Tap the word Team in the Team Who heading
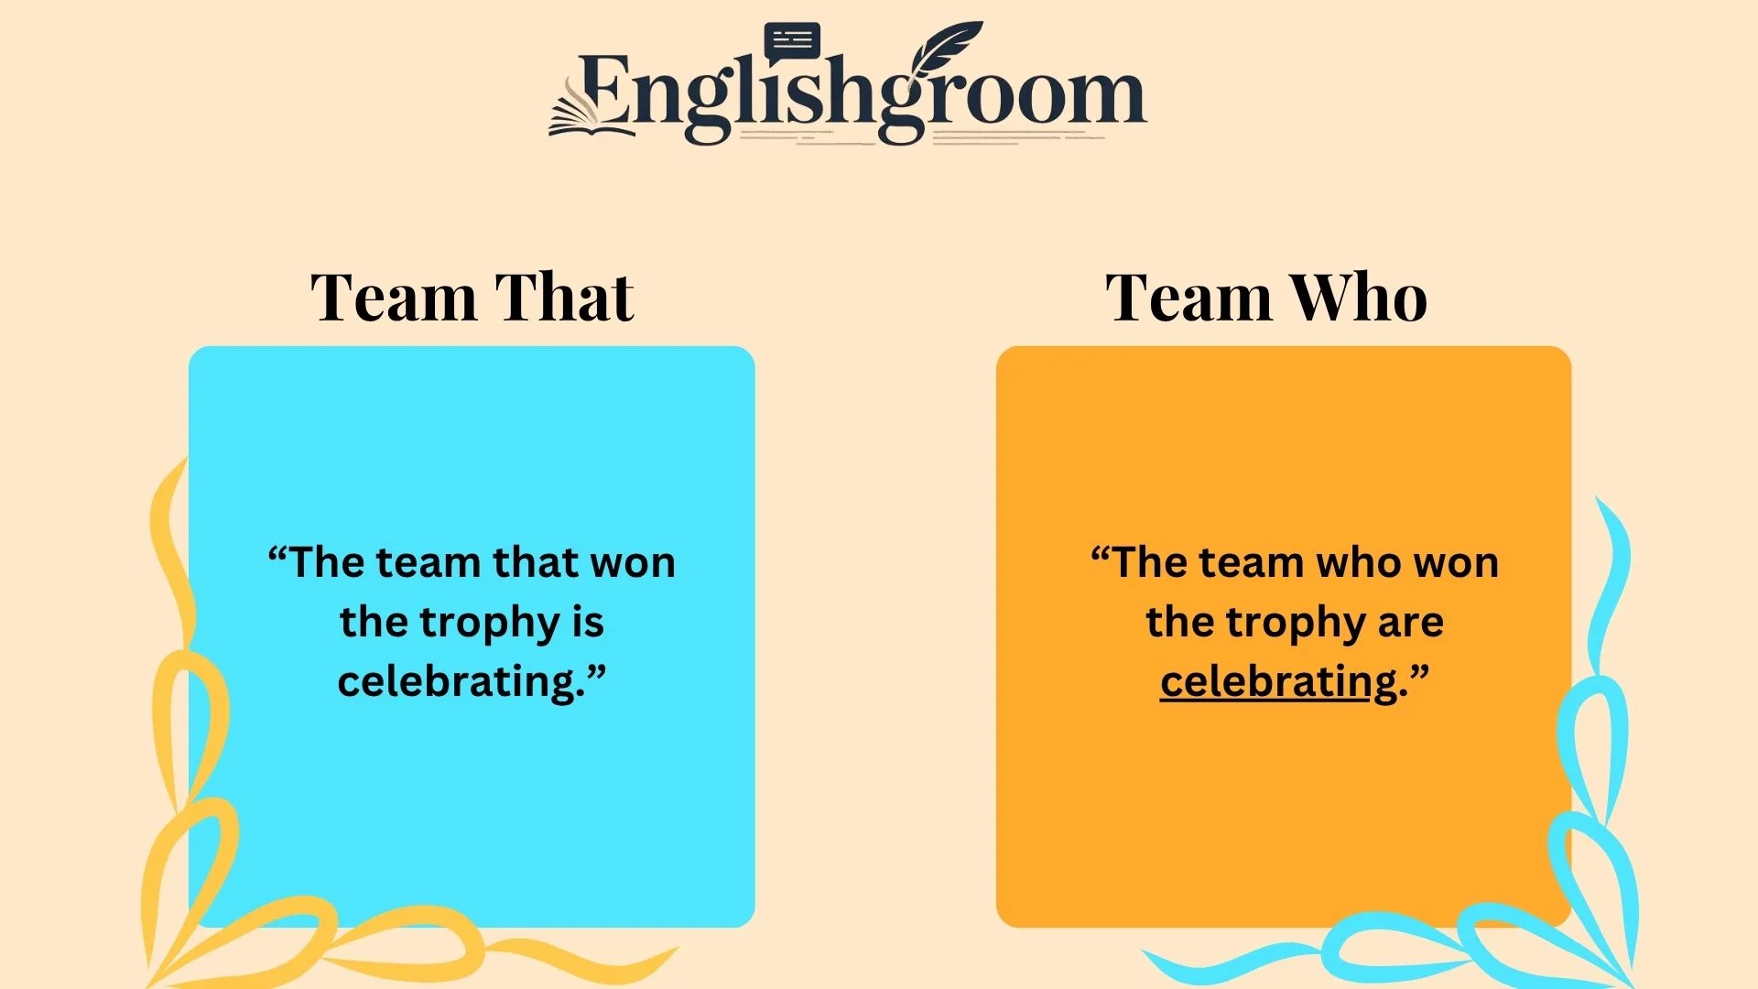coord(1188,298)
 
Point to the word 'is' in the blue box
coord(588,623)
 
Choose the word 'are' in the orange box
coord(1410,623)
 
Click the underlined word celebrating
coord(1278,682)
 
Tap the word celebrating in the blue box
coord(460,682)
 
